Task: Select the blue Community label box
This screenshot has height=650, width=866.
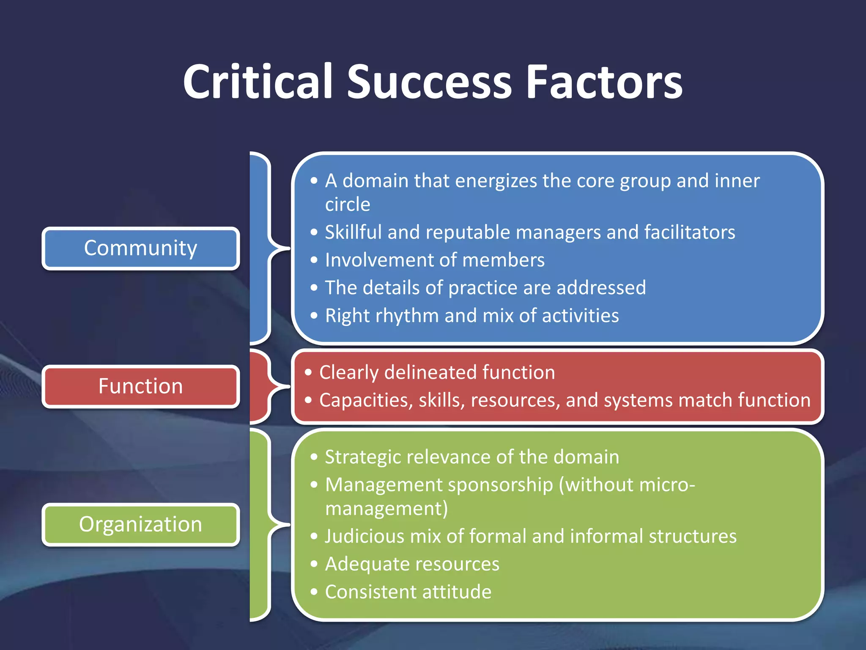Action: coord(141,248)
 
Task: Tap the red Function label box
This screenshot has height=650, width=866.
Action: coord(141,386)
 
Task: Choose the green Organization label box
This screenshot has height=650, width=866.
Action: coord(141,524)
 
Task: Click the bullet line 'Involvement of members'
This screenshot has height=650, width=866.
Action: coord(434,260)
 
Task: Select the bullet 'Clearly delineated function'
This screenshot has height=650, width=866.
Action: coord(436,372)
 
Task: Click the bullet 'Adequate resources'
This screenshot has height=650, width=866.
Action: coord(412,564)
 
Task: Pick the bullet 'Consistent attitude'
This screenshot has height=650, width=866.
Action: coord(408,592)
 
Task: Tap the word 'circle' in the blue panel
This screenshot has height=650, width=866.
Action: coord(348,204)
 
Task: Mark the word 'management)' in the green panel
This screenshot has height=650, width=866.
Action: coord(386,509)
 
